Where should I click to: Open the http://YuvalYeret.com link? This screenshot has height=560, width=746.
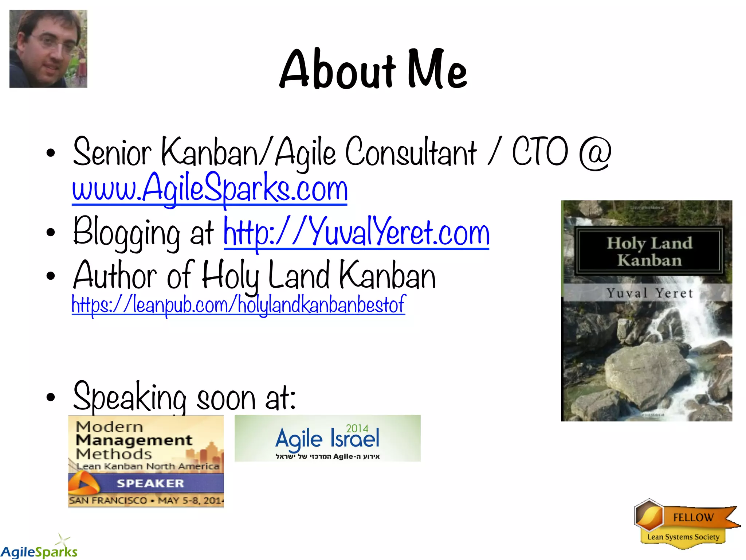pos(356,232)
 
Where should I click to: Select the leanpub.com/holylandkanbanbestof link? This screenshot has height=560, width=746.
pos(238,304)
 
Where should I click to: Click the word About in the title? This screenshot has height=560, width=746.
pos(337,69)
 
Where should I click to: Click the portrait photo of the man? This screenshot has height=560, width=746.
pos(48,49)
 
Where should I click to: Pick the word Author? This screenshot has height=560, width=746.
pos(115,275)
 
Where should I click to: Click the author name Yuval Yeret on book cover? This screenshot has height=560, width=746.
pos(649,293)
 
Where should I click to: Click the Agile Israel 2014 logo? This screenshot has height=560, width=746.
pos(327,438)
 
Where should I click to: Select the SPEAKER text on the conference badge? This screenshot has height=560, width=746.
pos(150,483)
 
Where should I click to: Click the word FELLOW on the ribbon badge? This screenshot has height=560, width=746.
pos(693,517)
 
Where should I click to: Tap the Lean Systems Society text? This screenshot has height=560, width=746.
pos(683,537)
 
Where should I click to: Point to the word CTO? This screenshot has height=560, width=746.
pos(539,152)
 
